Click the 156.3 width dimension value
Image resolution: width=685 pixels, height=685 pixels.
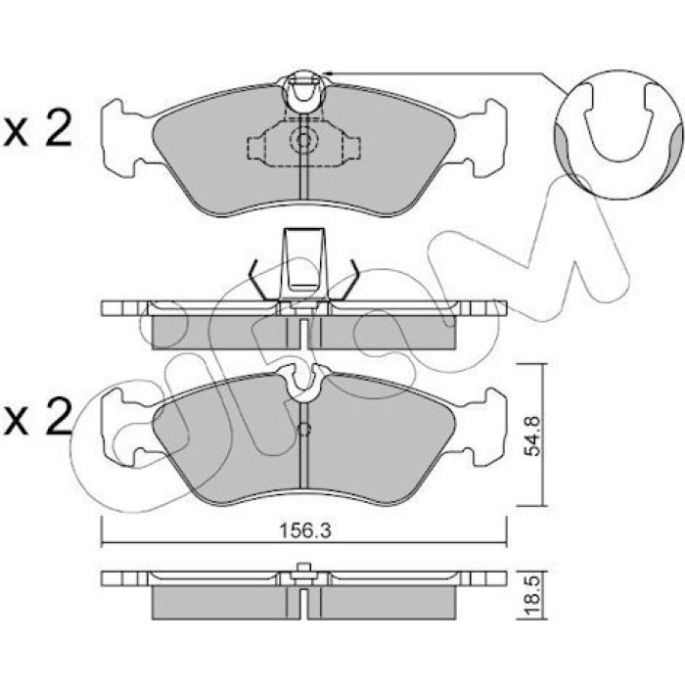(305, 530)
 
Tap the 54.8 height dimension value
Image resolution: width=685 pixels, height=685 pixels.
(532, 435)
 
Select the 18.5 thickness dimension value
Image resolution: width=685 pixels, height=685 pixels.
(532, 596)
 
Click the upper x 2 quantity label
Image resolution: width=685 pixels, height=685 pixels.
(37, 130)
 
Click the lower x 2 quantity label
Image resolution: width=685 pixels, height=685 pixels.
(37, 418)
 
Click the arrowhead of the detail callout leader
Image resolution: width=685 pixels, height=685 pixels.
(327, 73)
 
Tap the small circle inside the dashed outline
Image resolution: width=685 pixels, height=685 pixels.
(302, 140)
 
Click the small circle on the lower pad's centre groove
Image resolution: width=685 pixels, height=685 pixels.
(304, 430)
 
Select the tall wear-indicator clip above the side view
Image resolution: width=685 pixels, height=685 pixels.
(304, 262)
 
